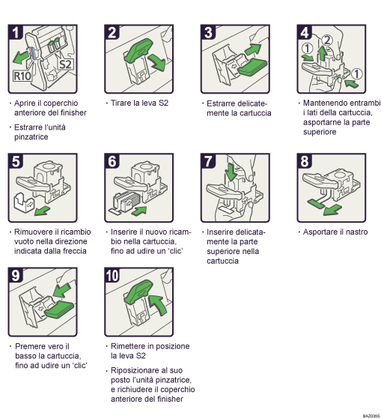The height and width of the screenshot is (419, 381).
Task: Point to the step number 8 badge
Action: (305, 160)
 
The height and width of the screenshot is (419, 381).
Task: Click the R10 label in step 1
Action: (22, 75)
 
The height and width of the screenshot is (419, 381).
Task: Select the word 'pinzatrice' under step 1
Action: (32, 138)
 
